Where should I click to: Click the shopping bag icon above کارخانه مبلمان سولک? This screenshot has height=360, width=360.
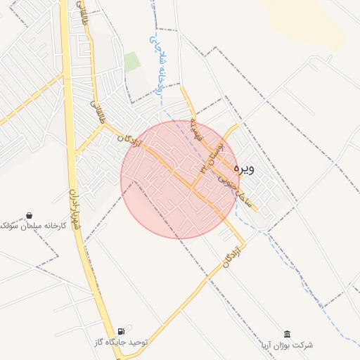(x=29, y=214)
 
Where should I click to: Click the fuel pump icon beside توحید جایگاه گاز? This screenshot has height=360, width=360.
(x=122, y=330)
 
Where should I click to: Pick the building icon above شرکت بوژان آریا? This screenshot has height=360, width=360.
(x=286, y=333)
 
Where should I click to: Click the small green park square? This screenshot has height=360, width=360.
(x=132, y=61)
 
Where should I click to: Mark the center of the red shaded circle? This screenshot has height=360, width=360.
(x=180, y=179)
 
